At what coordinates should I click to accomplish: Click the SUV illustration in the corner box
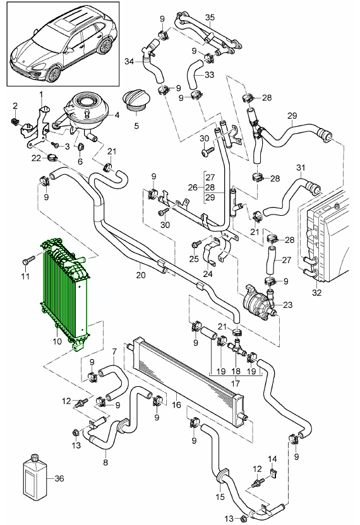click(x=63, y=44)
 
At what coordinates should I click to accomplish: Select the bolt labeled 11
click(x=27, y=260)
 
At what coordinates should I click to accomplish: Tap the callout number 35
click(x=210, y=16)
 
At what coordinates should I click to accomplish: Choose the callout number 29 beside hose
click(x=292, y=115)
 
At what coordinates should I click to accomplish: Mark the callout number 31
click(x=301, y=168)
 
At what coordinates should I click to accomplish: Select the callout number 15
click(x=220, y=497)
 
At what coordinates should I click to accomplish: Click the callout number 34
click(x=129, y=61)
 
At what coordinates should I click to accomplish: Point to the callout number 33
click(x=210, y=74)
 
